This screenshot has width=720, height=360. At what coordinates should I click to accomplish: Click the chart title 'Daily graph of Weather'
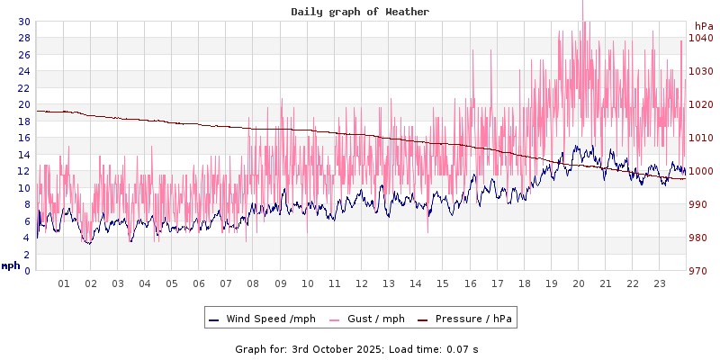coord(360,12)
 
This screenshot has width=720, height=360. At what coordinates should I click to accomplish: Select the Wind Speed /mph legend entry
coord(262,319)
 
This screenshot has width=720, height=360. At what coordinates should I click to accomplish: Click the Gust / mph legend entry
coord(371,319)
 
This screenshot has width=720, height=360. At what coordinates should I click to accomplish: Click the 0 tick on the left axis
coord(26,271)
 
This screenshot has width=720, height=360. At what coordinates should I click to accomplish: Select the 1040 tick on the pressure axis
coord(701,38)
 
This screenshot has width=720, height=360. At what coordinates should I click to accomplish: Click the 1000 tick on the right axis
coord(701,171)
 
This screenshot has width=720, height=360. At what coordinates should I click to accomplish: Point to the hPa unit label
coord(704,26)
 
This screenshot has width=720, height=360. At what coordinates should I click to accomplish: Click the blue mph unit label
coord(11,265)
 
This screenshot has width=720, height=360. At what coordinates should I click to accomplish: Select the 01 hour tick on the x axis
coord(64,283)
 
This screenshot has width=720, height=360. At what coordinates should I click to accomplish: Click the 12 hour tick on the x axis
coord(362,283)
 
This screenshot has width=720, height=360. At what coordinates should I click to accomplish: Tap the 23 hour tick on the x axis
coord(660,283)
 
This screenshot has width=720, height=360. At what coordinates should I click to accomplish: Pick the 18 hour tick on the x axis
coord(524,283)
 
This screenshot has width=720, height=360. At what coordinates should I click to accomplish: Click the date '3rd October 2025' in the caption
coord(338,348)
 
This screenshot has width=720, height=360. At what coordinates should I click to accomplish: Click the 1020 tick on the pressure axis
coord(701,104)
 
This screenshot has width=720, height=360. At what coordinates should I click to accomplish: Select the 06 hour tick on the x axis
coord(199,283)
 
